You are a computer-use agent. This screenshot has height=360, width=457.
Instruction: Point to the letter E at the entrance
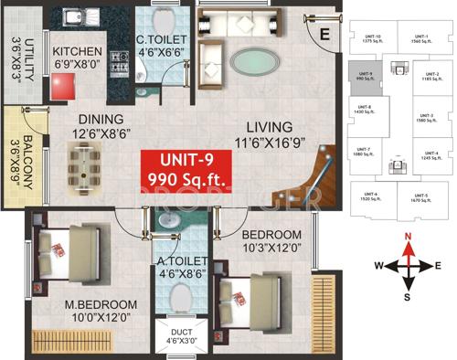[324, 36]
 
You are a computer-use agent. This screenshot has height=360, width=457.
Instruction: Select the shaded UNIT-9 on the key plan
[368, 78]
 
